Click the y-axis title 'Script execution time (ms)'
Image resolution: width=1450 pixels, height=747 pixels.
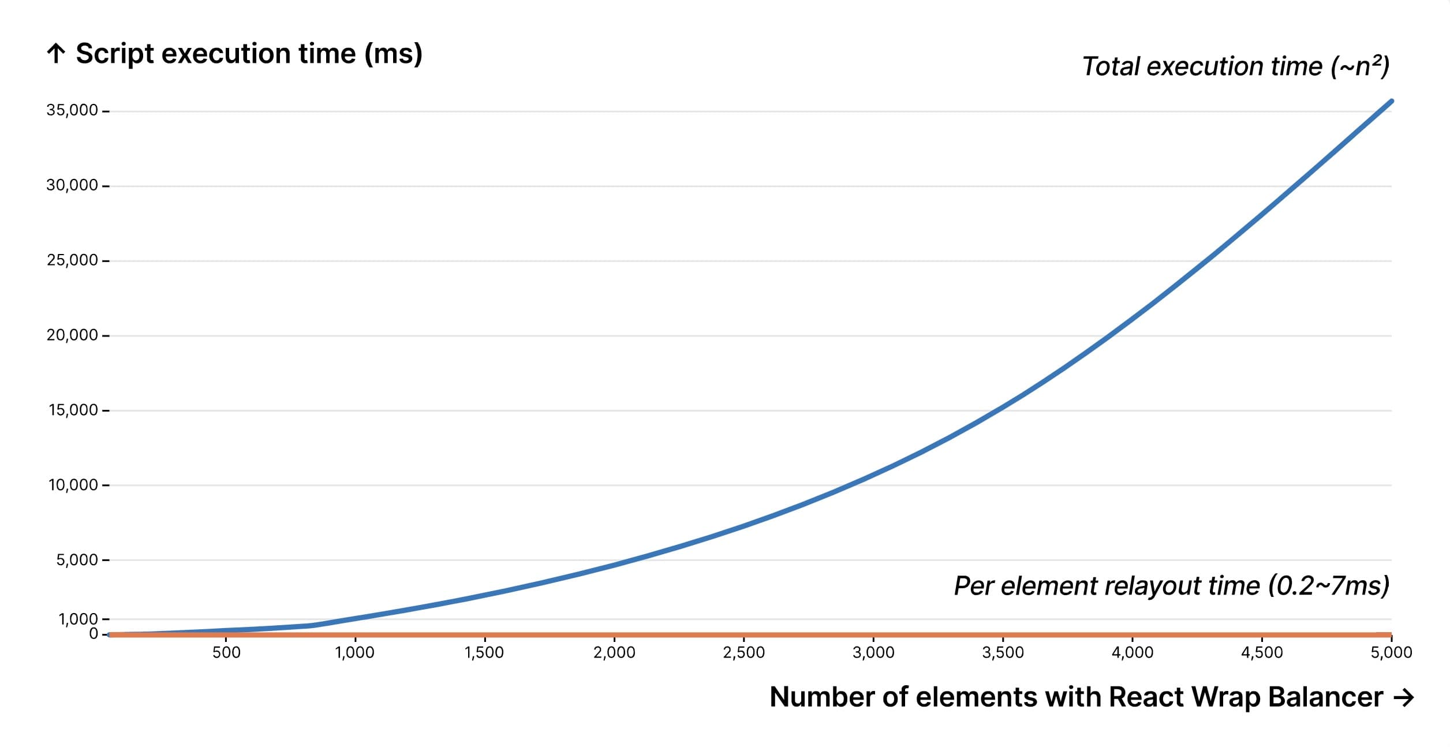pos(249,54)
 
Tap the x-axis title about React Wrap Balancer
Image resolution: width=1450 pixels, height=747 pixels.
pos(1076,697)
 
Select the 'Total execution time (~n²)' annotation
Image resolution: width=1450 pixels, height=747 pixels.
pos(1235,67)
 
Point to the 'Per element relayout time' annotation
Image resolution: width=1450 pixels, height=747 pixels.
pos(1171,586)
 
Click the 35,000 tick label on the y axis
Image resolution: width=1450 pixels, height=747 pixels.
pos(72,110)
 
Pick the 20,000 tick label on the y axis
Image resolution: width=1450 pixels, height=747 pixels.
pos(72,335)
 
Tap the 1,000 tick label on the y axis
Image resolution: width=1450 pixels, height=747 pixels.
pos(78,619)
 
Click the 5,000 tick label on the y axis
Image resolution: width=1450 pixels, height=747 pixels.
pos(77,560)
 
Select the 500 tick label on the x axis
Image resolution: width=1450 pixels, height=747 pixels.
pos(226,653)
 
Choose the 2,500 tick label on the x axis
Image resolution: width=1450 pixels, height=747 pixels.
pos(743,653)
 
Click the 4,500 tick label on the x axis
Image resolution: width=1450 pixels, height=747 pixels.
pos(1262,653)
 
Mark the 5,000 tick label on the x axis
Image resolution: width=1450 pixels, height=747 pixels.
pos(1391,653)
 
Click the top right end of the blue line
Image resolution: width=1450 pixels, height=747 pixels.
pos(1391,102)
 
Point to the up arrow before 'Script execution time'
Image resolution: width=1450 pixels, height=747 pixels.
pos(56,54)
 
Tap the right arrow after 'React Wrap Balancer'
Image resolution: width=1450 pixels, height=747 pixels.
pos(1403,698)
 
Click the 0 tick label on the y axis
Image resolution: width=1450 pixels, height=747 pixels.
pos(94,634)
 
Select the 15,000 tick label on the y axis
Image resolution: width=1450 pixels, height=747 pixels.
pos(73,410)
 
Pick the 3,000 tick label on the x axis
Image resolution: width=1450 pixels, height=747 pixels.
pos(873,653)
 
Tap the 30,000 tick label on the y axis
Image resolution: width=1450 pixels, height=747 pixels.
pos(72,185)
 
